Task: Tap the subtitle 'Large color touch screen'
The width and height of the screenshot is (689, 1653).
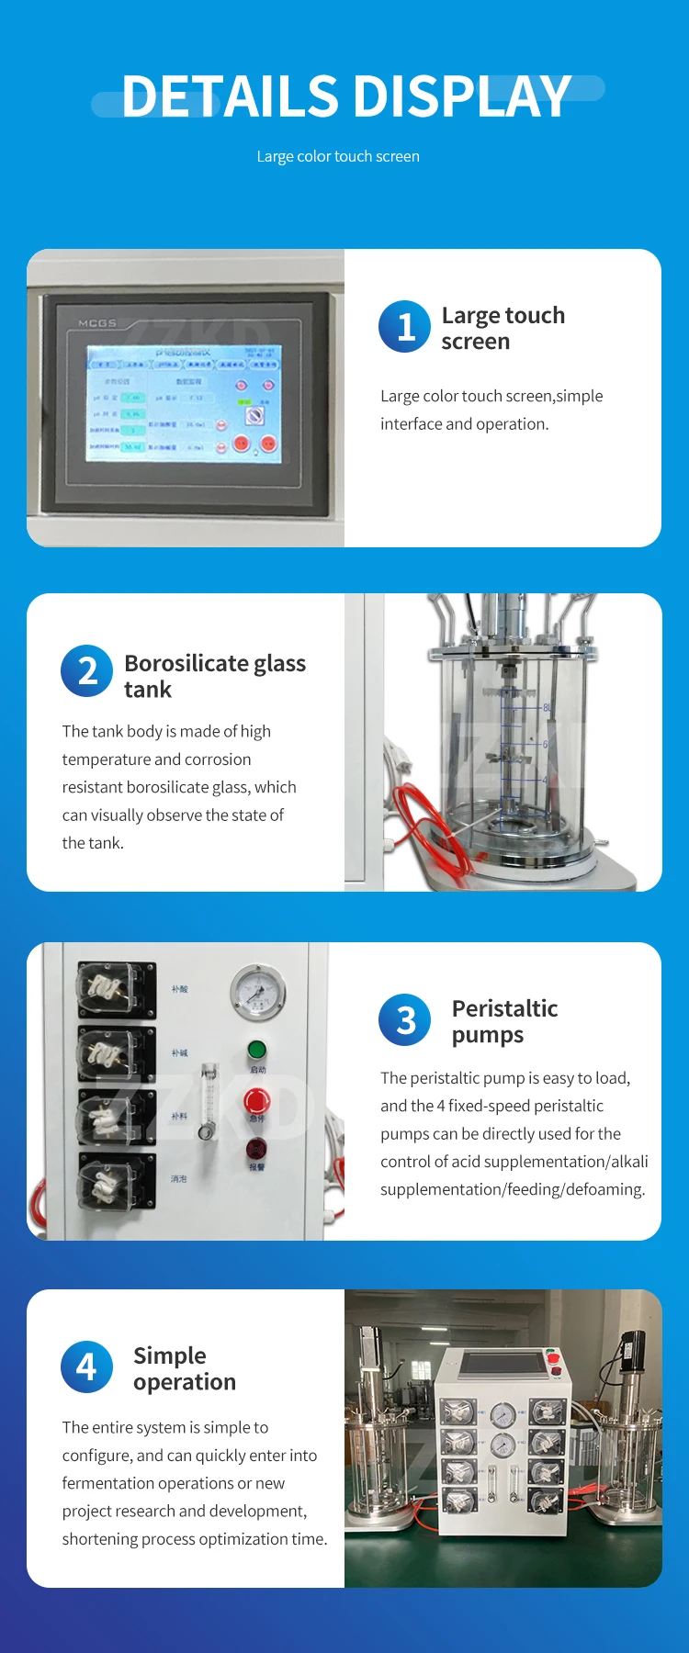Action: [x=338, y=157]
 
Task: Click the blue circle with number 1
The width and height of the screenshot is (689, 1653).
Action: [x=404, y=327]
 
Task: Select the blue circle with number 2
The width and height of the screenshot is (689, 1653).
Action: [x=86, y=670]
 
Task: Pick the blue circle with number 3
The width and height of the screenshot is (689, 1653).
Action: [x=404, y=1019]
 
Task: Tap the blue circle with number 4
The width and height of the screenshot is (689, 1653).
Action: [x=86, y=1366]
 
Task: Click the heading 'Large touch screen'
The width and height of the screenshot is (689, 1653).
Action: [x=503, y=328]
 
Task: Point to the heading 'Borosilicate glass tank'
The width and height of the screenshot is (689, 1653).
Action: [x=214, y=676]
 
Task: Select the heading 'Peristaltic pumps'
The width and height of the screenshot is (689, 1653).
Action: [x=504, y=1021]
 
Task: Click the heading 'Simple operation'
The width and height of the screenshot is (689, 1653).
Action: [x=184, y=1368]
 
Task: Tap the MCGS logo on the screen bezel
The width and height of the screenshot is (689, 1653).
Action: [x=97, y=323]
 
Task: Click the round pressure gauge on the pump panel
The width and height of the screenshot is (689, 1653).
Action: [x=257, y=993]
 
